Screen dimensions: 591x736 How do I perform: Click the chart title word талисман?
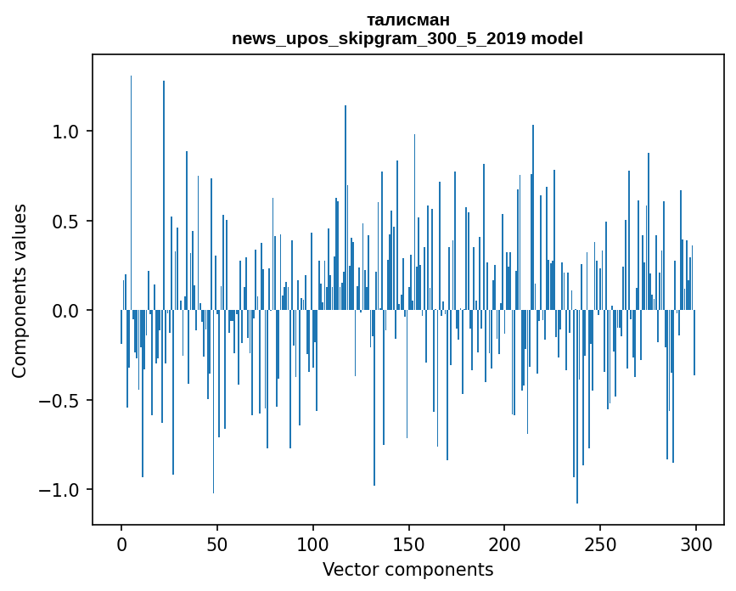coord(407,20)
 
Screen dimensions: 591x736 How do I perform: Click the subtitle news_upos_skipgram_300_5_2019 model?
coord(407,38)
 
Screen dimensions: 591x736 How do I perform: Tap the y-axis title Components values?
coord(20,290)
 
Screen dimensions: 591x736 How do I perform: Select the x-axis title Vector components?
coord(407,569)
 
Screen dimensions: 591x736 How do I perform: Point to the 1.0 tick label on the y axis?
coord(66,132)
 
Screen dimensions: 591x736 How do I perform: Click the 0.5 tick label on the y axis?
coord(66,222)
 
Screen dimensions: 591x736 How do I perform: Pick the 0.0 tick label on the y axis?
coord(66,311)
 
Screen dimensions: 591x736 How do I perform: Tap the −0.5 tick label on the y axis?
coord(61,401)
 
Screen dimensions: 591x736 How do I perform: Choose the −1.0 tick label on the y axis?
coord(61,490)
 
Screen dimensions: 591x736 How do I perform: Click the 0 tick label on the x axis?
coord(121,543)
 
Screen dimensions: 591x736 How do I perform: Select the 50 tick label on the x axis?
coord(217,543)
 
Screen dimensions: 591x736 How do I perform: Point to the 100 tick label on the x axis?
coord(313,543)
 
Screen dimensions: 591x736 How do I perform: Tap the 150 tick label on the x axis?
coord(408,543)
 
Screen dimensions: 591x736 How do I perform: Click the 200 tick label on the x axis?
coord(504,543)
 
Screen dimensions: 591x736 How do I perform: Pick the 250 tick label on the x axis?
coord(600,543)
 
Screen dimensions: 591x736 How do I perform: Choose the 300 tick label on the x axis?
coord(696,543)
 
